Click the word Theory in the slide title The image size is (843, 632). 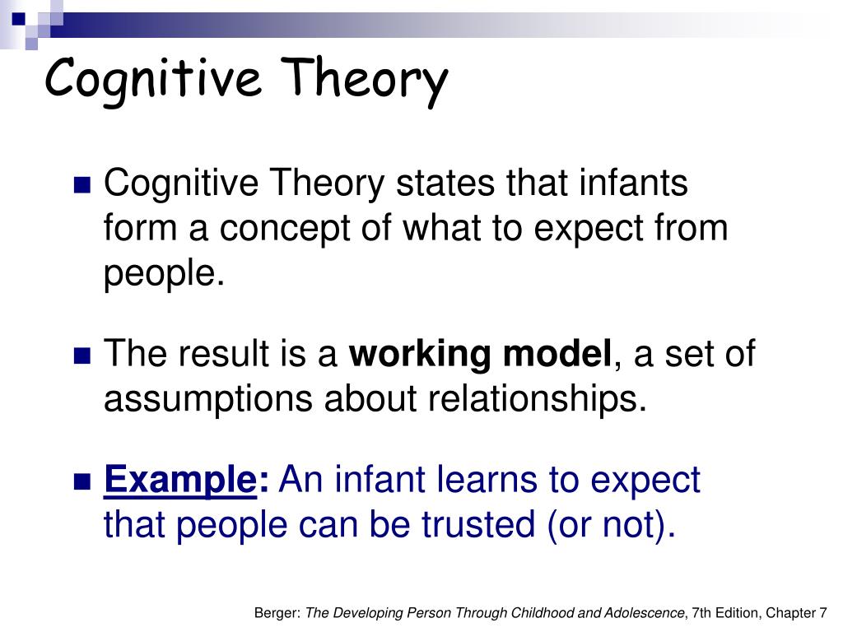pos(364,80)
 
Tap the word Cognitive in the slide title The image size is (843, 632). pos(153,80)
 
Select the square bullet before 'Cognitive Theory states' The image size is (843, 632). pos(82,185)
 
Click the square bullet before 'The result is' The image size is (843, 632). pos(82,355)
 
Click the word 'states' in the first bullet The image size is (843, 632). pos(445,184)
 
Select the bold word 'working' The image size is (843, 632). pos(420,355)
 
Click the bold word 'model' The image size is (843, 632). pos(557,353)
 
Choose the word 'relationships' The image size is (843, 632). pos(537,399)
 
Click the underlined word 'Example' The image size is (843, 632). pos(180,481)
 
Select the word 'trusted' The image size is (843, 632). pos(478,524)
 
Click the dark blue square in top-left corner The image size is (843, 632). pos(19,19)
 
